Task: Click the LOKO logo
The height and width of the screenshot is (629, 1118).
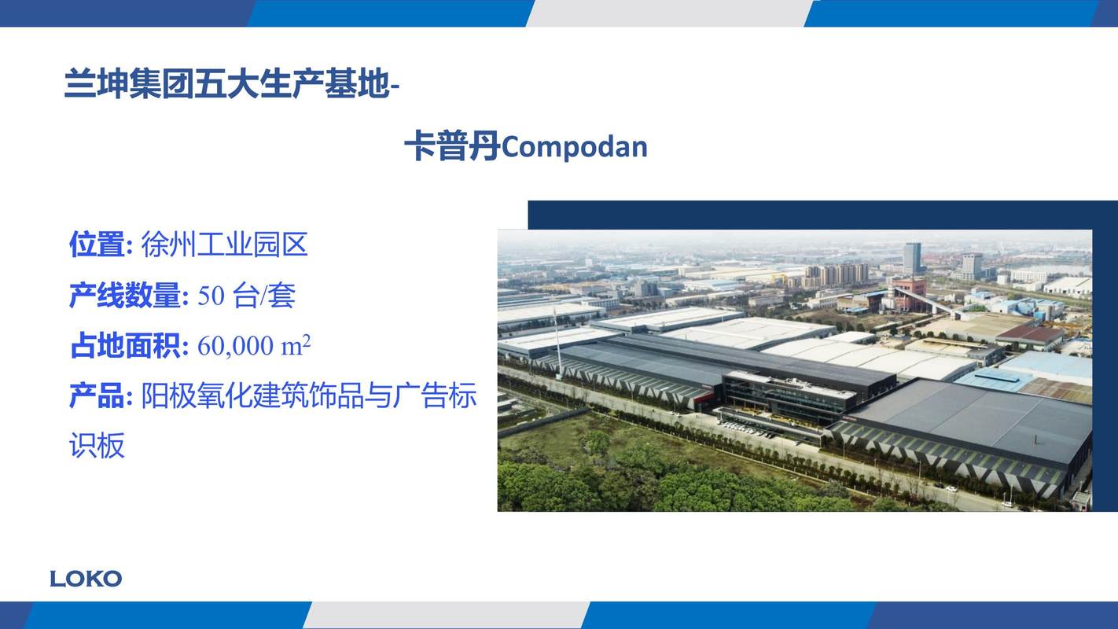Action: tap(86, 579)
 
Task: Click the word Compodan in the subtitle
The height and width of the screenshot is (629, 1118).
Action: tap(574, 147)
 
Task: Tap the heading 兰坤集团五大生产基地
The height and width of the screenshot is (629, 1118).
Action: tap(226, 84)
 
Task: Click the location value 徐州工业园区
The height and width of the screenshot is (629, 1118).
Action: tap(225, 245)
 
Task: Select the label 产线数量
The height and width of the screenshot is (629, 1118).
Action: tap(125, 296)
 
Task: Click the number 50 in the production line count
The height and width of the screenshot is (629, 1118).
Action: tap(211, 296)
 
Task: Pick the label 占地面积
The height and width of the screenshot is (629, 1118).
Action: tap(125, 346)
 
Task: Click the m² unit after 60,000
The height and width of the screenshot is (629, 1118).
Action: tap(296, 345)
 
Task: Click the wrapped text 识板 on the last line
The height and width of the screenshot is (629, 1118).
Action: tap(97, 445)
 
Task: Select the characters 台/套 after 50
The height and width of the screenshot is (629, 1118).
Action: tap(264, 296)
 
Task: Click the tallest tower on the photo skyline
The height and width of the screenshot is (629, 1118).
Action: tap(912, 259)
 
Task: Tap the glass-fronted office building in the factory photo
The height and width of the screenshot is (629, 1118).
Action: tap(789, 397)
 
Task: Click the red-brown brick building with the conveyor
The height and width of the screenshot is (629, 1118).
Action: tap(907, 295)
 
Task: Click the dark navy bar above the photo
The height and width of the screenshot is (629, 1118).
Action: tap(822, 215)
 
